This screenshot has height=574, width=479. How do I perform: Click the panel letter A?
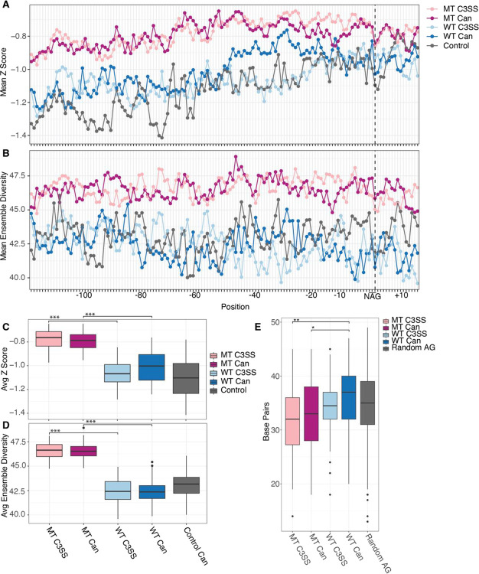(x=5, y=5)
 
